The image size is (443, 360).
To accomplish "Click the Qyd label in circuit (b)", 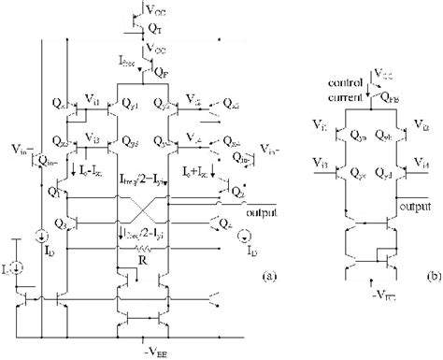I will tap(387, 174).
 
